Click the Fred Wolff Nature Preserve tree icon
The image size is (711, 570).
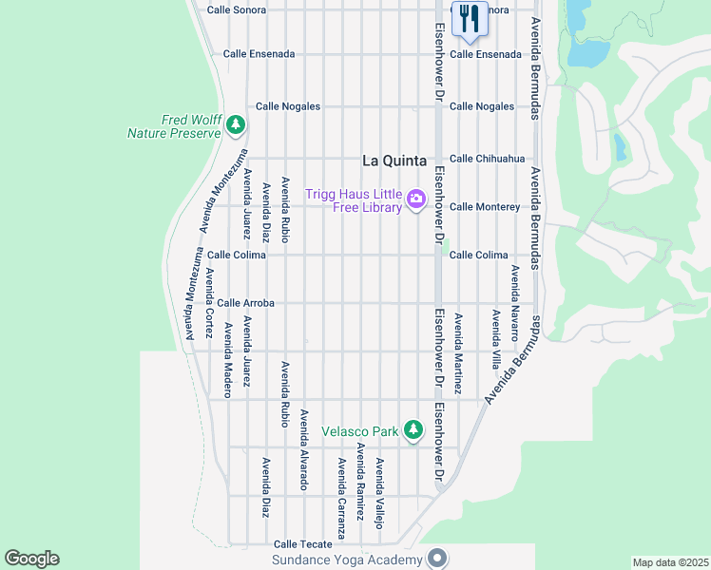click(x=236, y=124)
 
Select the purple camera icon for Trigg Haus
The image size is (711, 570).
click(x=415, y=199)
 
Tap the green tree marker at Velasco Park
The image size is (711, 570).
click(x=413, y=430)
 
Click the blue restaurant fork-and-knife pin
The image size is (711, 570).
click(x=470, y=19)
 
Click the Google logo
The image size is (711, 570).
click(x=31, y=559)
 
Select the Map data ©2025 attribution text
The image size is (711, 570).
click(x=670, y=562)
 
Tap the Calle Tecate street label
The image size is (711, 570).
click(x=303, y=544)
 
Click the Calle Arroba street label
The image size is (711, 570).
click(x=245, y=303)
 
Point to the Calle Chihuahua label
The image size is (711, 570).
click(x=487, y=159)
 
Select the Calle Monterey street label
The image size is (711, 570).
click(x=485, y=206)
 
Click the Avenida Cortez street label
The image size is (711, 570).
click(x=209, y=295)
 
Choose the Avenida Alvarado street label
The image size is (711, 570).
click(x=304, y=449)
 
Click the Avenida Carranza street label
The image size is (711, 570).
click(x=340, y=498)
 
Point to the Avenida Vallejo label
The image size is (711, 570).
click(x=379, y=492)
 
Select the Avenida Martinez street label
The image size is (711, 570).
click(x=457, y=353)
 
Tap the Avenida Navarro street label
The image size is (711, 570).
click(x=514, y=303)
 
